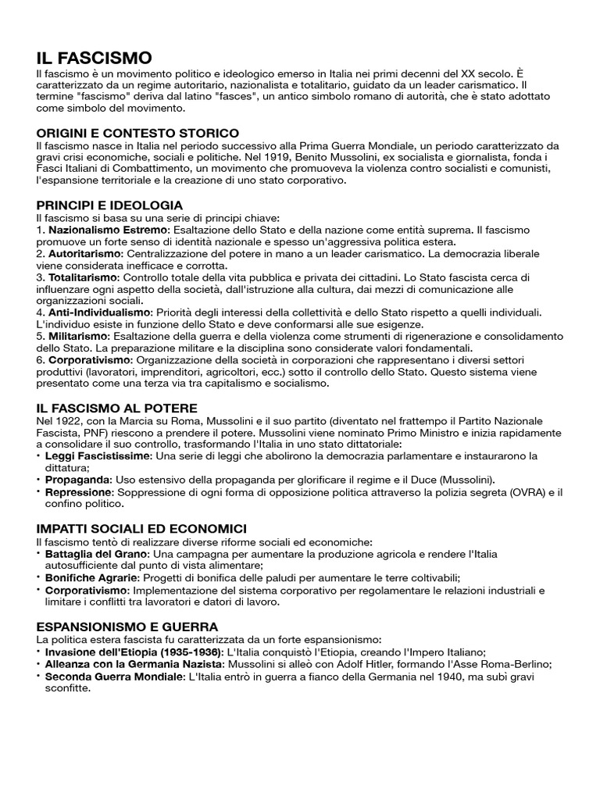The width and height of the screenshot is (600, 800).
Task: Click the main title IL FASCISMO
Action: click(x=94, y=58)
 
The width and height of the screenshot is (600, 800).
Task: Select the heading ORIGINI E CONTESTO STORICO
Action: click(x=137, y=133)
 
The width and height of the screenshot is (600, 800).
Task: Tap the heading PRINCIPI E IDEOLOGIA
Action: click(x=109, y=205)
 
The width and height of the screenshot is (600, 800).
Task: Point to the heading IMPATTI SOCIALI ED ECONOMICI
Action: click(x=141, y=529)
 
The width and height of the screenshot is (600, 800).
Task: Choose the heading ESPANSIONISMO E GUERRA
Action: click(x=127, y=627)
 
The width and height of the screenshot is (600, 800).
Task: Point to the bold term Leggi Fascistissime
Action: click(x=98, y=455)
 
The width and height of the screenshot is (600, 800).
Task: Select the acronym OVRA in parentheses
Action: click(x=520, y=491)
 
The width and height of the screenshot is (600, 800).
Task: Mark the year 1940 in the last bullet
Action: click(x=455, y=677)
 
